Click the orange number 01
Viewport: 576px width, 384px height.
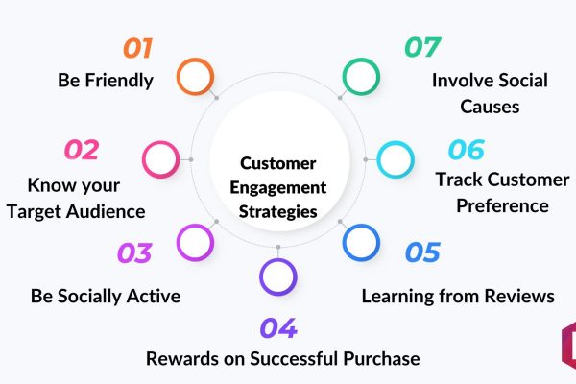click(x=137, y=48)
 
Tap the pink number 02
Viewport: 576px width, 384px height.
click(x=82, y=150)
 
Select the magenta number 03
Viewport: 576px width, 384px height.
click(x=134, y=252)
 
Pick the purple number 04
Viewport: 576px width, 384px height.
click(x=278, y=327)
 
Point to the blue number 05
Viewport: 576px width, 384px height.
click(x=422, y=252)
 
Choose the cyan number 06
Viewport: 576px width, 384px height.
click(x=467, y=149)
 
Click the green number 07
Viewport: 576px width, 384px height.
click(x=422, y=47)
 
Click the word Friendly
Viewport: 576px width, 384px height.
click(x=119, y=81)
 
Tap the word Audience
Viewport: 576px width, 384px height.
click(x=107, y=211)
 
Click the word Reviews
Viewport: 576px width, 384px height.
click(x=519, y=296)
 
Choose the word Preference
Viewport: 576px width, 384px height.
click(x=502, y=205)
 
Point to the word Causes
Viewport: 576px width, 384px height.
click(x=490, y=107)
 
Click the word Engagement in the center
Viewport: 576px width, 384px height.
click(x=278, y=188)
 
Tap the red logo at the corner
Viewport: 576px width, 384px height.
click(x=569, y=345)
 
